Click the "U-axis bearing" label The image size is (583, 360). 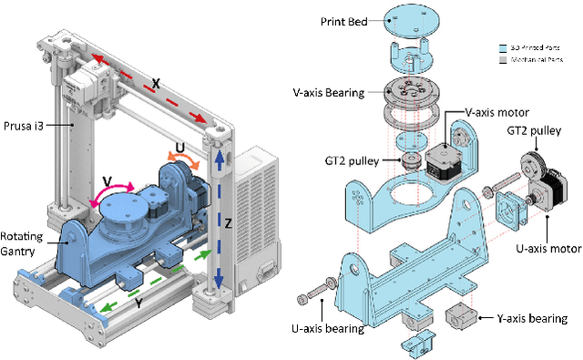(x=333, y=326)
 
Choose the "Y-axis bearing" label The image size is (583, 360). (x=526, y=319)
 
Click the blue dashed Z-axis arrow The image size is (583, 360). (x=218, y=219)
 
